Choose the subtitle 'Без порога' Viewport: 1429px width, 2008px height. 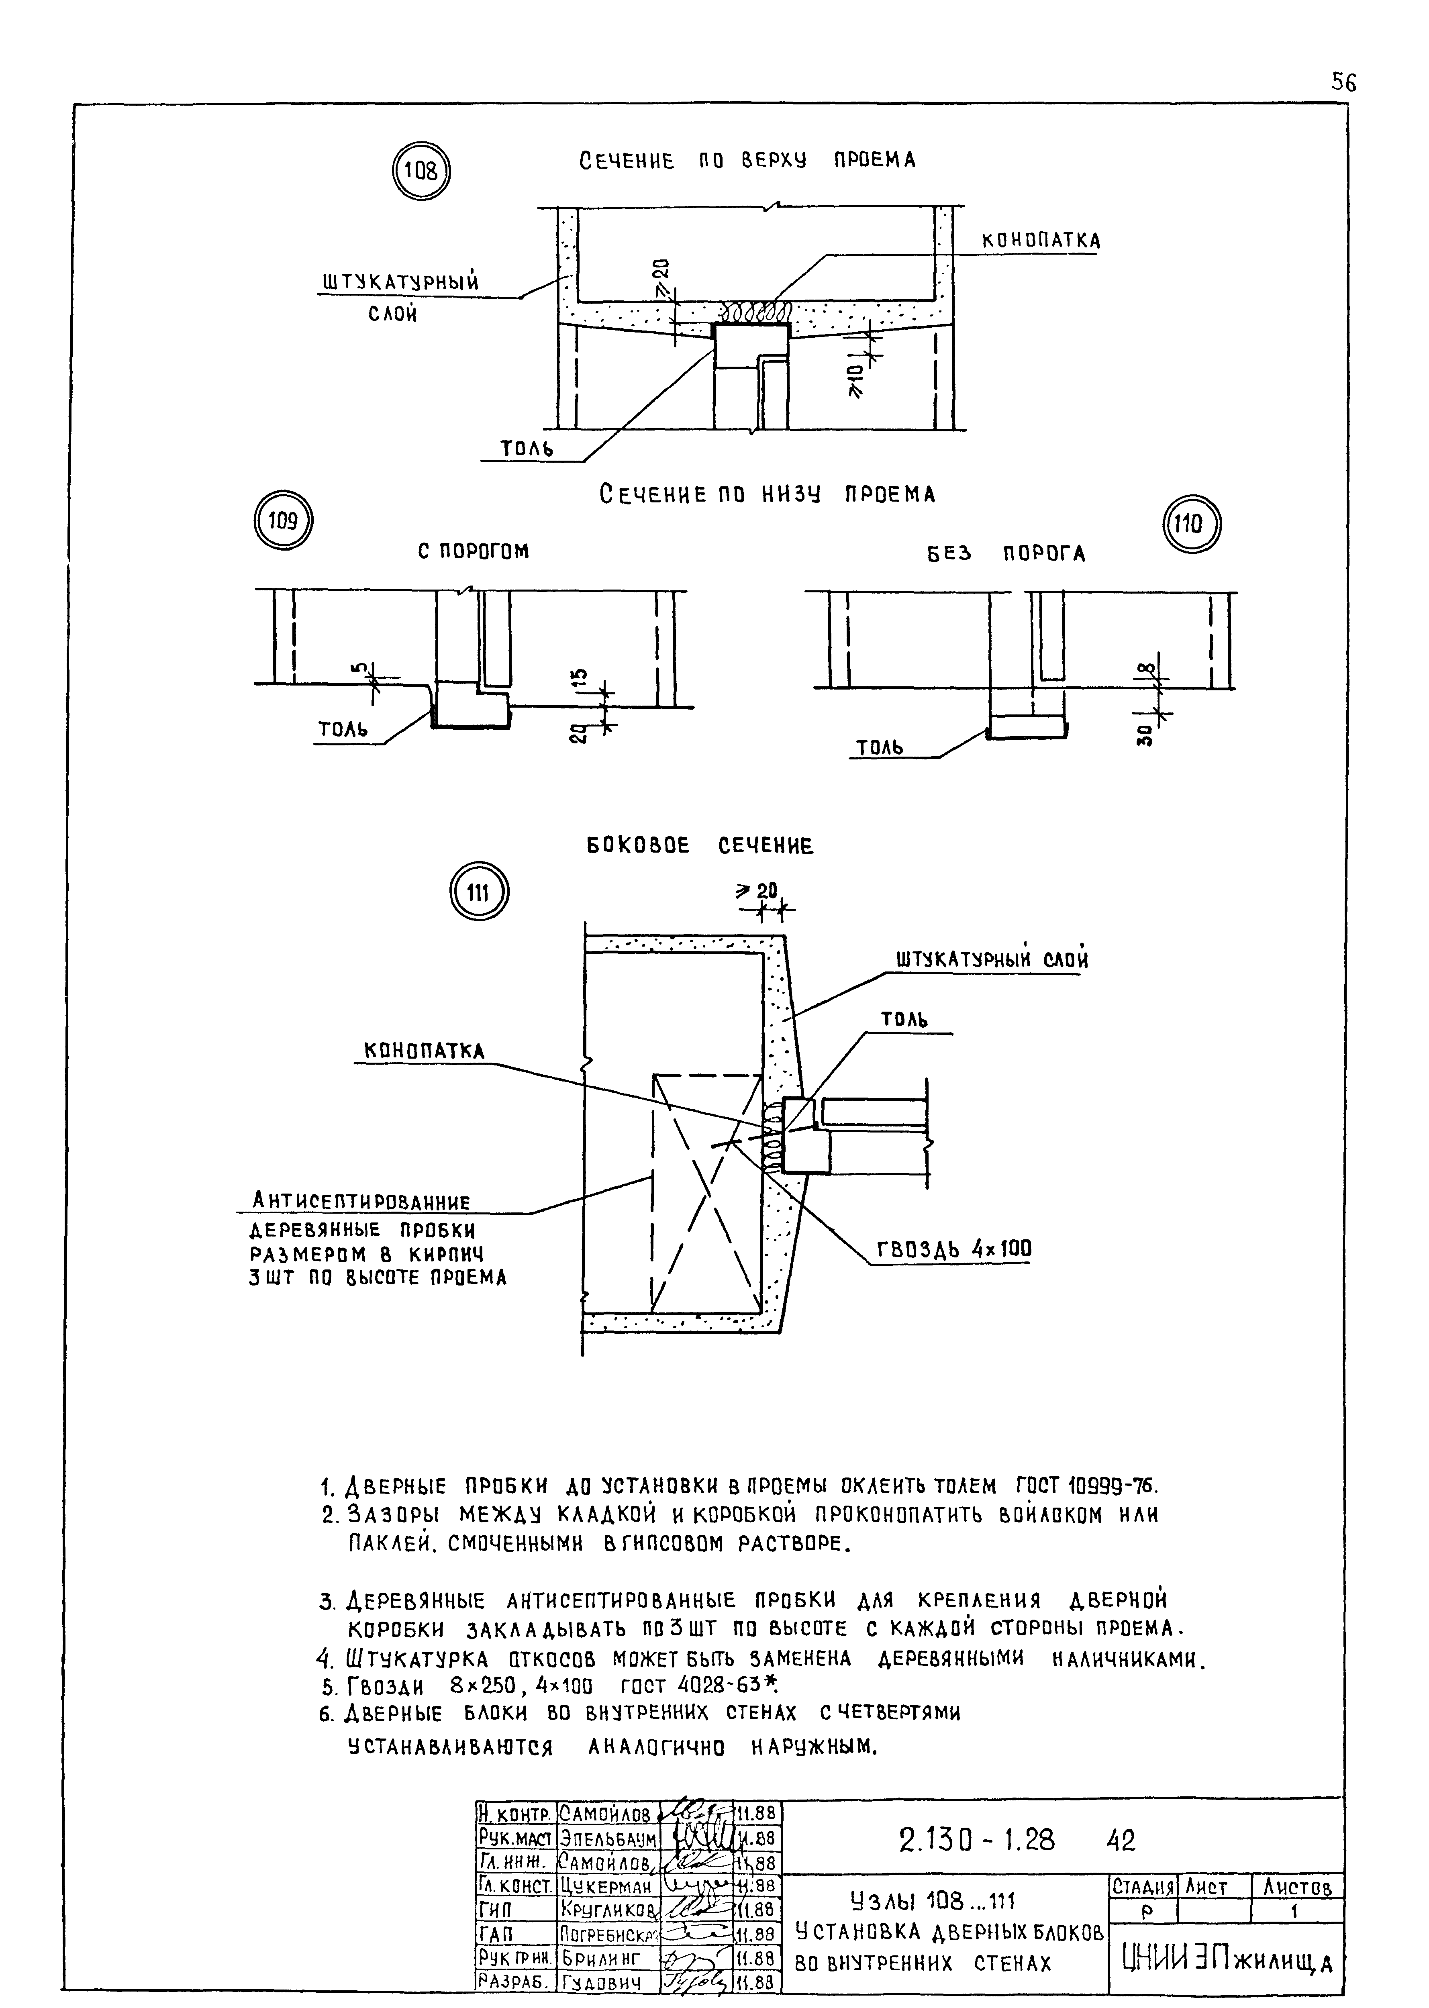tap(1005, 553)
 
